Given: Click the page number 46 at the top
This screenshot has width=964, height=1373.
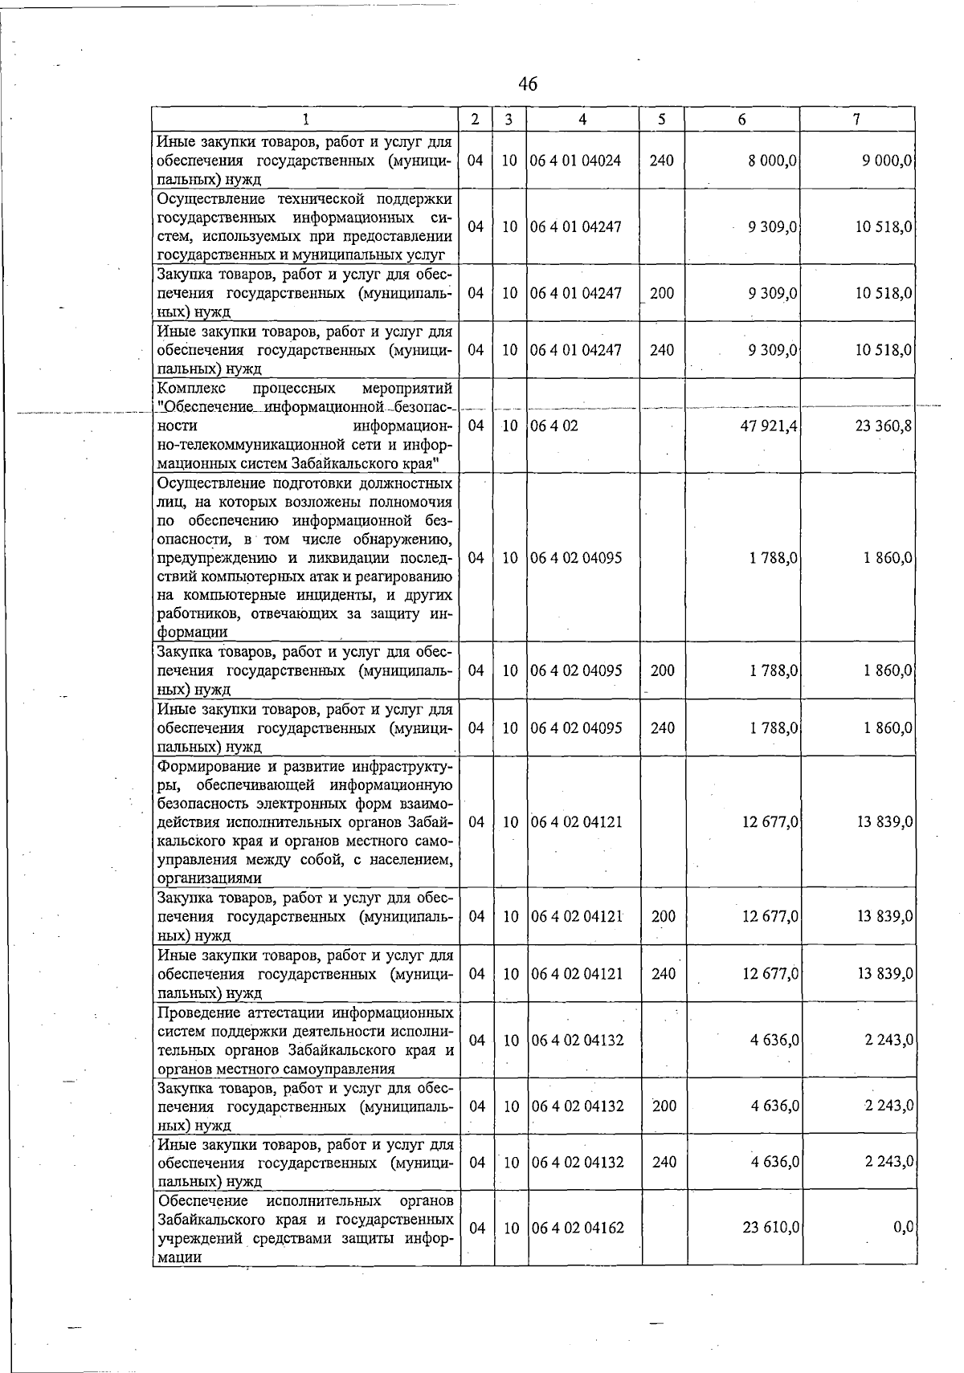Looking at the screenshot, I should (x=528, y=84).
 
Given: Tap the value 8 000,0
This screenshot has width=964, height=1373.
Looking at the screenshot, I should (x=772, y=161).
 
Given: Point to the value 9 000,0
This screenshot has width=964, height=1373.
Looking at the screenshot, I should (x=887, y=161).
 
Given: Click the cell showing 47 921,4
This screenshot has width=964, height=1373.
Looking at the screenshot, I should (x=768, y=426).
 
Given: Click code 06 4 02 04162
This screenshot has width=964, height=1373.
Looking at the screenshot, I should (x=577, y=1228).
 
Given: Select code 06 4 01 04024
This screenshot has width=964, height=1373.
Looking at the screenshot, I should (x=576, y=161).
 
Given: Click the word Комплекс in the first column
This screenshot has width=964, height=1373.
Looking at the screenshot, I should (x=188, y=389).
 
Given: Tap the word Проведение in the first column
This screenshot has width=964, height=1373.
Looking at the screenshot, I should (x=198, y=1012).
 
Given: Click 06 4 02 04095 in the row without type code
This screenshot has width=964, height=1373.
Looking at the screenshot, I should (x=576, y=558).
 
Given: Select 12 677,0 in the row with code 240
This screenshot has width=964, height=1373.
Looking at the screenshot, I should (x=770, y=974).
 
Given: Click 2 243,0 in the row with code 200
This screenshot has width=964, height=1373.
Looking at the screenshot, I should (x=888, y=1106).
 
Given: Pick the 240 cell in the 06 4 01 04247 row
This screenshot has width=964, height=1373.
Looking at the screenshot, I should (x=662, y=350).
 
